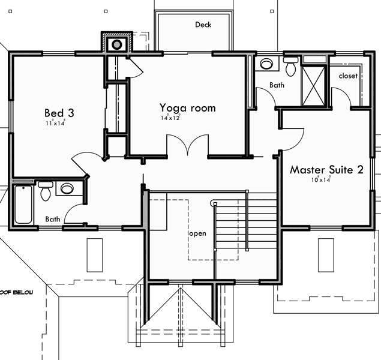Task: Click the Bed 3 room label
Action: click(x=59, y=112)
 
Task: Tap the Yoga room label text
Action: click(x=187, y=108)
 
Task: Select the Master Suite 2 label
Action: click(x=326, y=170)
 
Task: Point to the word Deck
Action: click(x=203, y=25)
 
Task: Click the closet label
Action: click(x=348, y=76)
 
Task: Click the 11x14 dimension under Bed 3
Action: click(x=55, y=123)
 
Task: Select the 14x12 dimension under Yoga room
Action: click(x=170, y=118)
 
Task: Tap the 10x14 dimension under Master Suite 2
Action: click(x=321, y=179)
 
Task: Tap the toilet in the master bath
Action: click(x=291, y=67)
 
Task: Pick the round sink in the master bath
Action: click(x=266, y=64)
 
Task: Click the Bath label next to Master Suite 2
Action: click(x=277, y=85)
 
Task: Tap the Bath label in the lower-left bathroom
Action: click(x=52, y=220)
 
